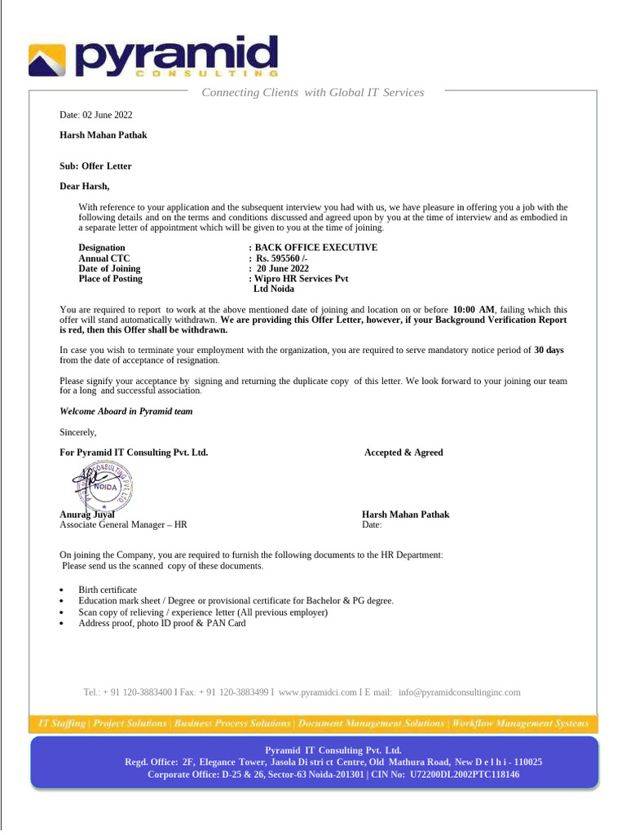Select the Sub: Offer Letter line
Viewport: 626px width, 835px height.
point(95,166)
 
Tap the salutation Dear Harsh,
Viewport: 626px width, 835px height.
point(84,187)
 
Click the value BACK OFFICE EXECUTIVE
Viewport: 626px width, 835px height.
point(316,248)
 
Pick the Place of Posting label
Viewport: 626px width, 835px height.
point(110,279)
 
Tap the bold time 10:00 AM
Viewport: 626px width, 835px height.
point(474,310)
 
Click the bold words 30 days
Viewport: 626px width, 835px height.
point(549,350)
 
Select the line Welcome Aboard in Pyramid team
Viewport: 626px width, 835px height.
point(126,412)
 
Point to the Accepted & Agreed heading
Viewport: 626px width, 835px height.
point(403,453)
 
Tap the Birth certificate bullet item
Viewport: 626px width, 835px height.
point(108,590)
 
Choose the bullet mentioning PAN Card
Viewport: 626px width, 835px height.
point(161,623)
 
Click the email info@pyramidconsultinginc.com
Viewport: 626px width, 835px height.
point(459,692)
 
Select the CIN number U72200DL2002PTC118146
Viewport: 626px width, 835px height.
point(465,775)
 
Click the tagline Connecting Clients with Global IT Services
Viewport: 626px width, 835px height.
point(312,93)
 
